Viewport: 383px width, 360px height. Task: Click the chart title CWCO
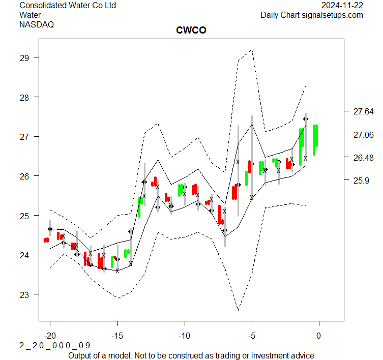click(191, 31)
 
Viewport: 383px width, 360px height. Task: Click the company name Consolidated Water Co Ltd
click(68, 6)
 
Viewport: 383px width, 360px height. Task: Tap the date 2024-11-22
click(342, 6)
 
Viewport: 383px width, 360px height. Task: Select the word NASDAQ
click(37, 24)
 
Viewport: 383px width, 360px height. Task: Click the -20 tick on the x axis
click(50, 336)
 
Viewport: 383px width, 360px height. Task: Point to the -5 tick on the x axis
click(252, 336)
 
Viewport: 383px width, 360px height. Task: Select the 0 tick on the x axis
click(319, 336)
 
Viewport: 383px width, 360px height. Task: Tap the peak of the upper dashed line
click(252, 49)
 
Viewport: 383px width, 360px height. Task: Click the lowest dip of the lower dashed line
click(238, 309)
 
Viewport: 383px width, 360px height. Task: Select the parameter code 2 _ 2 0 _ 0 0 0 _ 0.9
click(55, 345)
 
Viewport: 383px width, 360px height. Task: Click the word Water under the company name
click(31, 15)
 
